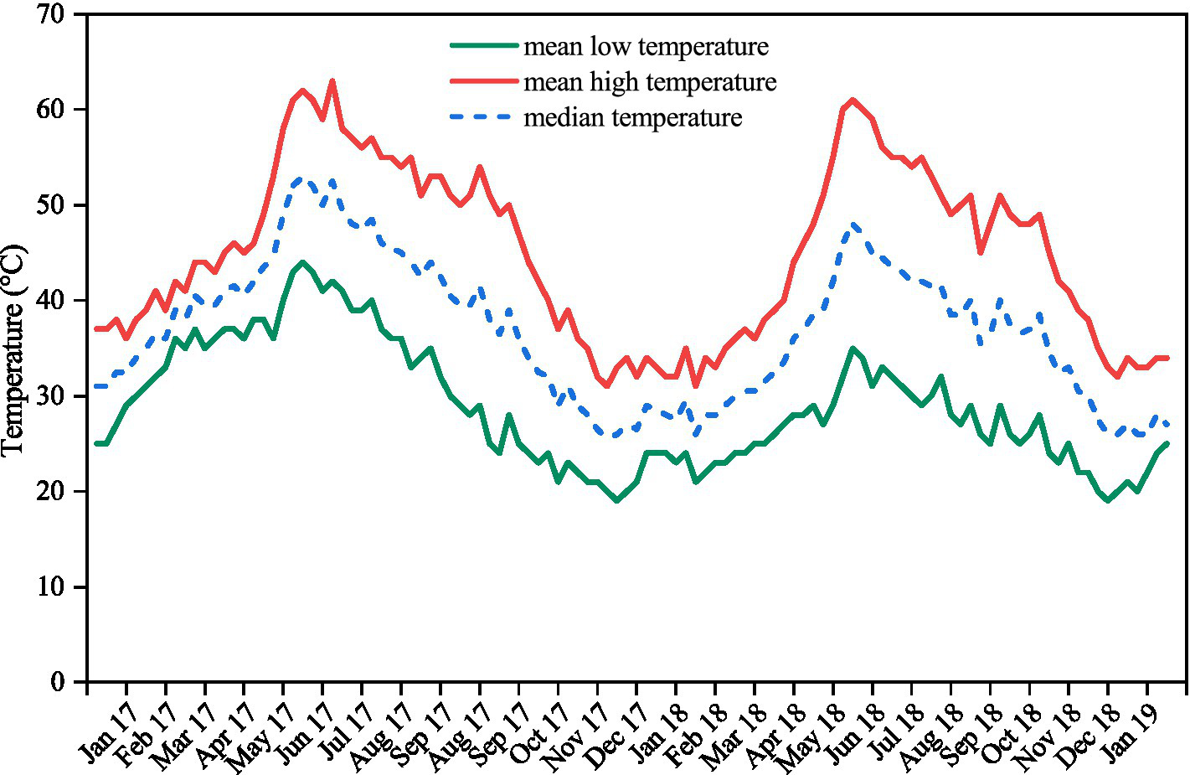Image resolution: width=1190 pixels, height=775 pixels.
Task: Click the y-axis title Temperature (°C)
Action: pos(15,350)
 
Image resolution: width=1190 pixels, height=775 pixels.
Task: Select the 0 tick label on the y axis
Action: pos(57,681)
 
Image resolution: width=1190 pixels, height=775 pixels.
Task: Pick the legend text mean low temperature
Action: pos(646,46)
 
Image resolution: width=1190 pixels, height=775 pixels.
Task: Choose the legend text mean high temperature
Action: pos(650,82)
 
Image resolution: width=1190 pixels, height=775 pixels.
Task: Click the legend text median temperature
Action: pos(632,117)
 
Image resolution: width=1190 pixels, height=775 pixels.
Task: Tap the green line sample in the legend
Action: pos(483,46)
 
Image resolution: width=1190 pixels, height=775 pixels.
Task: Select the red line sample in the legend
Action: pos(483,81)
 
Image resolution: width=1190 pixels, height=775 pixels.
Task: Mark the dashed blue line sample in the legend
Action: pos(483,117)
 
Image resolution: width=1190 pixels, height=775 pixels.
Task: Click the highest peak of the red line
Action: pos(332,81)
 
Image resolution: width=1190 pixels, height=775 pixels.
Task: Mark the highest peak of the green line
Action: pos(302,262)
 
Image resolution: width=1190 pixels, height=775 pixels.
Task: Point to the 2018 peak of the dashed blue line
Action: pos(853,225)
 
